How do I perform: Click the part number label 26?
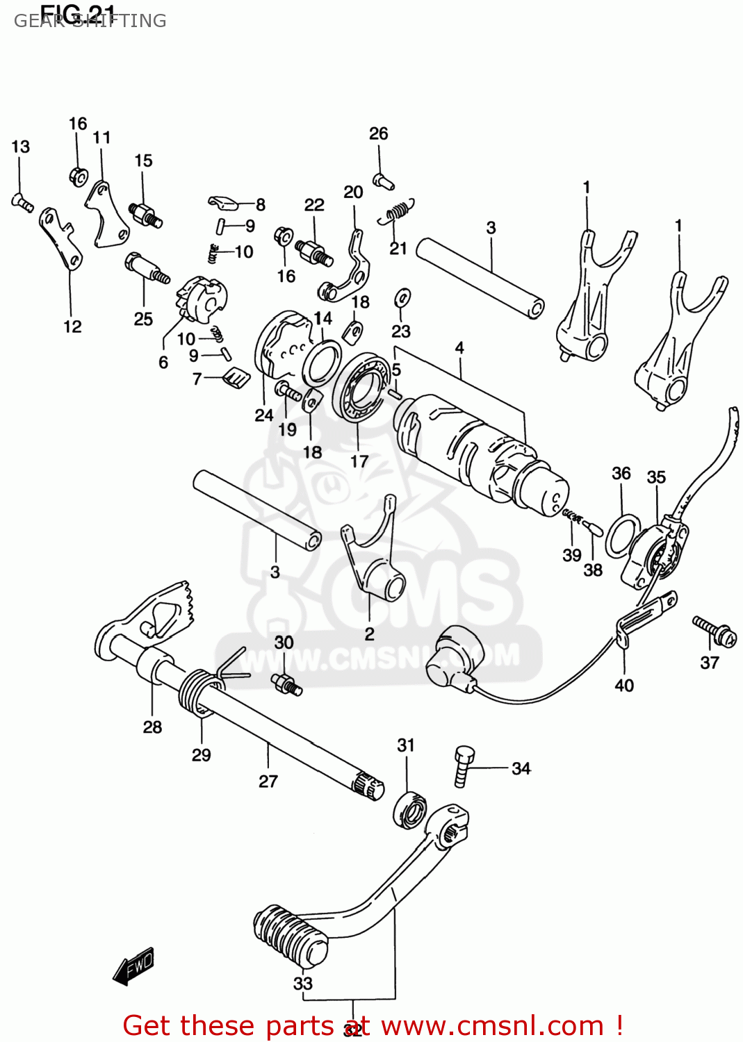pyautogui.click(x=378, y=133)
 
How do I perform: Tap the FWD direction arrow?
pyautogui.click(x=133, y=966)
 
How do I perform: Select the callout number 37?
pyautogui.click(x=709, y=663)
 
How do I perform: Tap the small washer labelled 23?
pyautogui.click(x=402, y=298)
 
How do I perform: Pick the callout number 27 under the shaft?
pyautogui.click(x=268, y=781)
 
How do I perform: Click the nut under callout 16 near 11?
pyautogui.click(x=79, y=176)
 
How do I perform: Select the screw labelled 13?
pyautogui.click(x=22, y=202)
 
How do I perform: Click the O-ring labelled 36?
pyautogui.click(x=623, y=536)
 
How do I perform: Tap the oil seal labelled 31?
pyautogui.click(x=409, y=809)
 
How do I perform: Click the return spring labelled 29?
pyautogui.click(x=198, y=691)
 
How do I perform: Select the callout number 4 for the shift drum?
pyautogui.click(x=459, y=348)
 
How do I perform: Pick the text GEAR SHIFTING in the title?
pyautogui.click(x=90, y=21)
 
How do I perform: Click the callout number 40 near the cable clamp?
pyautogui.click(x=624, y=686)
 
